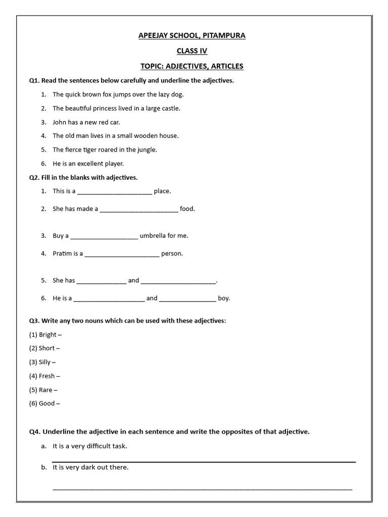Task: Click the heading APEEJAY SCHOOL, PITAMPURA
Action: [x=191, y=35]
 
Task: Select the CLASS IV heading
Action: [x=191, y=51]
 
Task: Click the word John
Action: [x=60, y=122]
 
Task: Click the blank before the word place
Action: [x=115, y=191]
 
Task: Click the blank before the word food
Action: [x=139, y=209]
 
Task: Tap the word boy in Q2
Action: [x=224, y=298]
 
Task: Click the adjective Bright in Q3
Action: [x=48, y=335]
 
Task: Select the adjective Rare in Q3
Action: [x=45, y=390]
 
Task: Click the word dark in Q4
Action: [x=89, y=468]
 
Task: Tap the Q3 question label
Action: [x=34, y=321]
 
